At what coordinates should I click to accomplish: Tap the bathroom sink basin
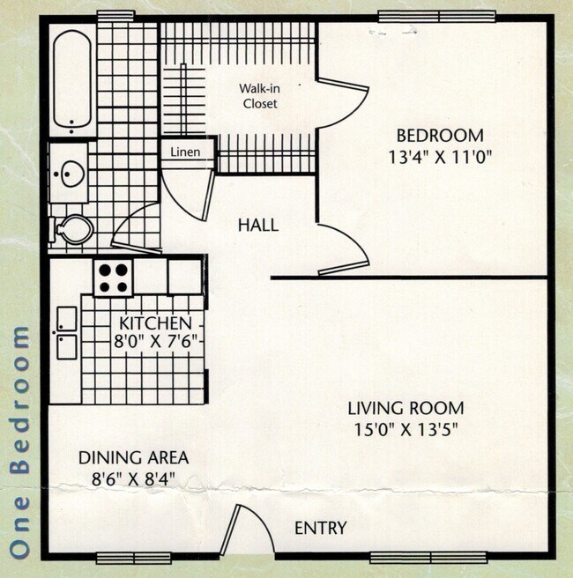pyautogui.click(x=68, y=174)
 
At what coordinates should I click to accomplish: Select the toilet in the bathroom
pyautogui.click(x=74, y=230)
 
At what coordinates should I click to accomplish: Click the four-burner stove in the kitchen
pyautogui.click(x=114, y=278)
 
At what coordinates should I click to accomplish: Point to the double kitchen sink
pyautogui.click(x=66, y=332)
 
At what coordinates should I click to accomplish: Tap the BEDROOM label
pyautogui.click(x=439, y=136)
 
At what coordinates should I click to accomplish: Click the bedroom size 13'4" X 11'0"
pyautogui.click(x=439, y=159)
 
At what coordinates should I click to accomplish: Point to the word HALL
pyautogui.click(x=257, y=225)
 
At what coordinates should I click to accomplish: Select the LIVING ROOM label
pyautogui.click(x=405, y=408)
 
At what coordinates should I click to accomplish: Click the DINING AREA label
pyautogui.click(x=133, y=457)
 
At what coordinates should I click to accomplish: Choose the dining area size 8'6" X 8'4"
pyautogui.click(x=133, y=480)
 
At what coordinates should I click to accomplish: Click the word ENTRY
pyautogui.click(x=320, y=529)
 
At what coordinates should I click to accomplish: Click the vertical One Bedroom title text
pyautogui.click(x=22, y=441)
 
